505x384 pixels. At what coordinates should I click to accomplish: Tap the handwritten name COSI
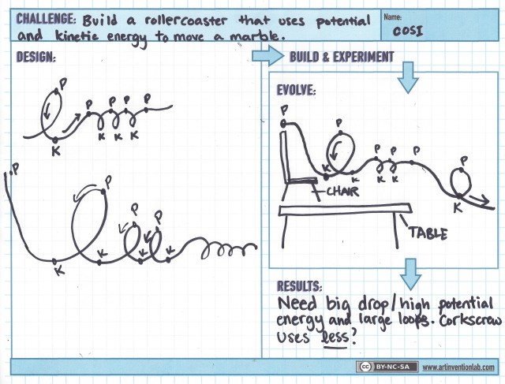407,31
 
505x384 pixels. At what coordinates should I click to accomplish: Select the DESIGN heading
36,57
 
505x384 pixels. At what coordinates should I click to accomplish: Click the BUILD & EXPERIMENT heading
342,57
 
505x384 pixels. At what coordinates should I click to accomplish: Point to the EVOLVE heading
297,90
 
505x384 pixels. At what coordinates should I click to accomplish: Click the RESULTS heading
300,285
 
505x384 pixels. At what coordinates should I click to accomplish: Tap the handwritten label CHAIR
342,192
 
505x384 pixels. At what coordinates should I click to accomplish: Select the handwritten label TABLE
428,233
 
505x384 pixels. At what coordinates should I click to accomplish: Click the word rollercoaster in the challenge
186,21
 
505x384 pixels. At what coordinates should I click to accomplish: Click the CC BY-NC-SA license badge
387,367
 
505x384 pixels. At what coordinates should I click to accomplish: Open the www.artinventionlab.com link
458,367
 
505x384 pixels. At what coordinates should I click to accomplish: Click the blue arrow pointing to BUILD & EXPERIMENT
267,56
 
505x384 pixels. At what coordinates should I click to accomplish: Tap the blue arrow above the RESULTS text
410,274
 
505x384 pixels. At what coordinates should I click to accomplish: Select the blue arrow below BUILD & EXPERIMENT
408,77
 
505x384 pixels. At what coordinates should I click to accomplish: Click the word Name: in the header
393,17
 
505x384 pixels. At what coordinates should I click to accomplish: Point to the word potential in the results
466,304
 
